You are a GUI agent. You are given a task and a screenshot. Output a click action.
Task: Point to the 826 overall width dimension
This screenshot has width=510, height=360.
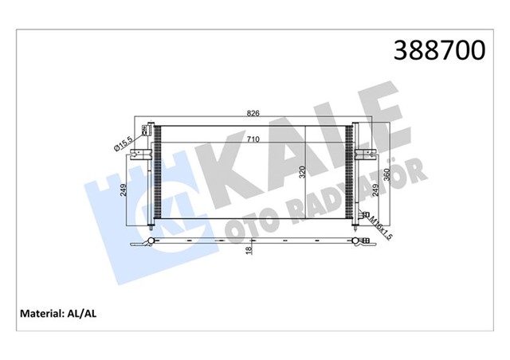253,114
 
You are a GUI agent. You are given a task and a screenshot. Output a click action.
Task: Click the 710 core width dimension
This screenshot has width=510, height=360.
253,140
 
